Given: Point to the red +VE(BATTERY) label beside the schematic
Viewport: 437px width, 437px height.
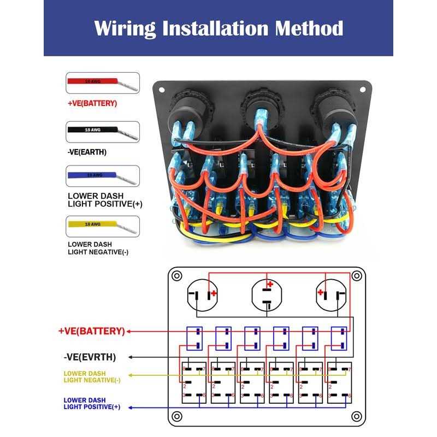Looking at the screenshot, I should (91, 331).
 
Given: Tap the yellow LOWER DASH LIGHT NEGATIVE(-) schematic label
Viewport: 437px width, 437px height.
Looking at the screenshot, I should (92, 376).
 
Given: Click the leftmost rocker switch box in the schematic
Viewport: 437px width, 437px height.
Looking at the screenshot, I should (193, 382).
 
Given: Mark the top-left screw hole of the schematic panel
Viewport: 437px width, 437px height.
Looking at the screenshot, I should (176, 276).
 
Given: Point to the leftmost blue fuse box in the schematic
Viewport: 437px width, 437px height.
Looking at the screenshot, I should (194, 339).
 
